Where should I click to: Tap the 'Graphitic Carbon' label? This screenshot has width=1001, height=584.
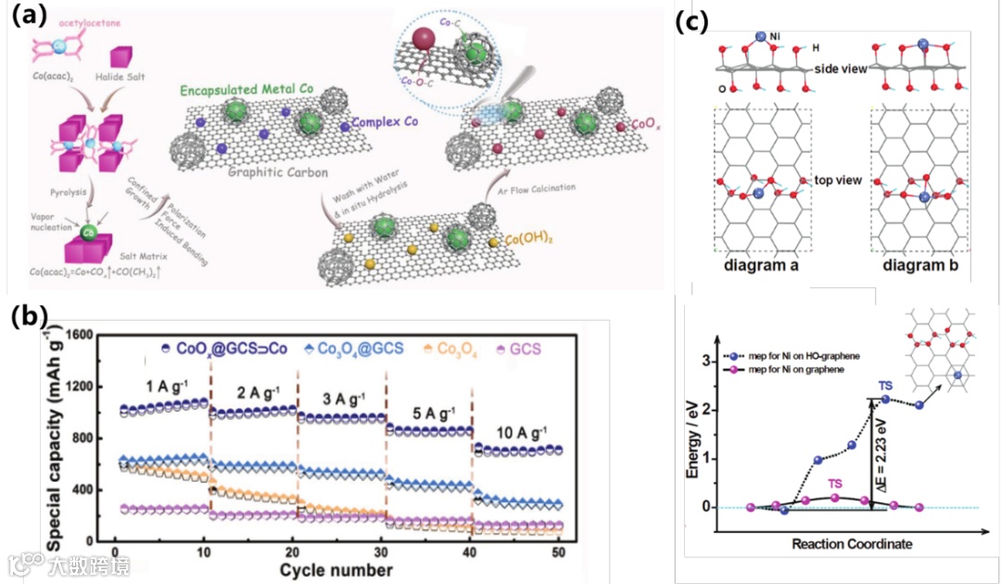point(242,172)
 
